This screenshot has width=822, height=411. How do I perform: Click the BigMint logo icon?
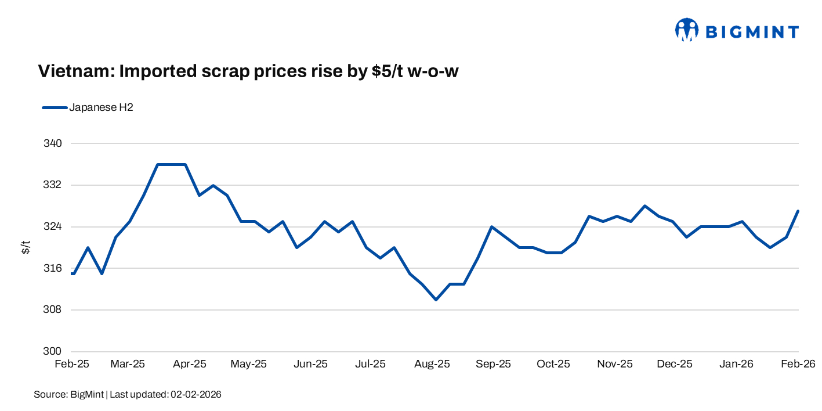tap(687, 30)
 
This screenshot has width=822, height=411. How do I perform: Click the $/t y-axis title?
tap(26, 247)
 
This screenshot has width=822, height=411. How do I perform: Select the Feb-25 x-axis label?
tap(72, 364)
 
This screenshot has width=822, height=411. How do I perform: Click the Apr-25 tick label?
tap(190, 364)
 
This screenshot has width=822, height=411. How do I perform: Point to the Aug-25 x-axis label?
tap(432, 364)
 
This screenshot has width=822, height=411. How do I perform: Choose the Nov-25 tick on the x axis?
tap(615, 364)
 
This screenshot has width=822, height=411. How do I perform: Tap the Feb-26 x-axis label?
tap(798, 364)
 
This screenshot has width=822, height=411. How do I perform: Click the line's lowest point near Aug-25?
tap(436, 300)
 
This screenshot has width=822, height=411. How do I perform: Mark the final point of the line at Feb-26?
tap(798, 211)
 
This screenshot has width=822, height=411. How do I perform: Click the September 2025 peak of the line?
tap(491, 226)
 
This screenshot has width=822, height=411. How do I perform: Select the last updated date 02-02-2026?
tap(195, 395)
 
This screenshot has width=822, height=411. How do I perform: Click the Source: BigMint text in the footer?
tap(68, 395)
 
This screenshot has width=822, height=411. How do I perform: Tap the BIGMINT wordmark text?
tap(752, 31)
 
